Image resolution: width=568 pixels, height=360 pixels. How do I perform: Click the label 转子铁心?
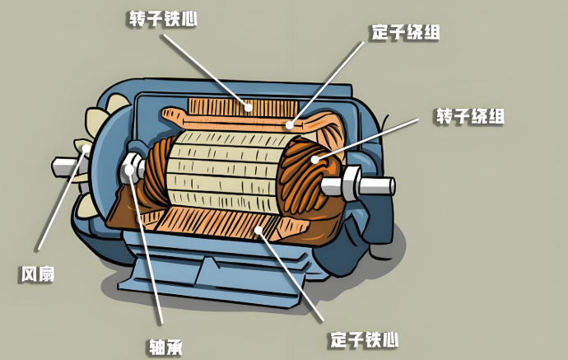162,17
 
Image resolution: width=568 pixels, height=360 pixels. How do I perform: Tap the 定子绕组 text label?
405,33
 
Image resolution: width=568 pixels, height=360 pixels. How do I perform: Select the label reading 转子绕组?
469,115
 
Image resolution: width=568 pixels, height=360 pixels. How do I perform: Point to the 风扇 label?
37,274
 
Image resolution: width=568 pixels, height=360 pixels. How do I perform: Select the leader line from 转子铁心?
206,66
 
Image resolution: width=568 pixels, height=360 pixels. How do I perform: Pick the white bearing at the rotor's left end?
133,169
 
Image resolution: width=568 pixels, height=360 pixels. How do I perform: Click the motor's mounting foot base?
206,280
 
